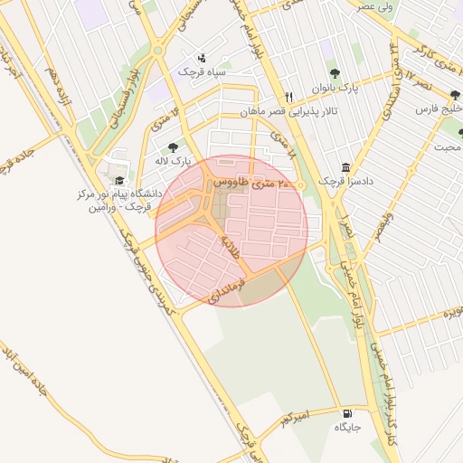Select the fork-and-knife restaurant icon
point(288,96)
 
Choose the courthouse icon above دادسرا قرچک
point(345,167)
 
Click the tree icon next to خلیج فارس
point(454,95)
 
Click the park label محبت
point(449,146)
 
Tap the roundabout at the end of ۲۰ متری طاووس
point(301,186)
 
